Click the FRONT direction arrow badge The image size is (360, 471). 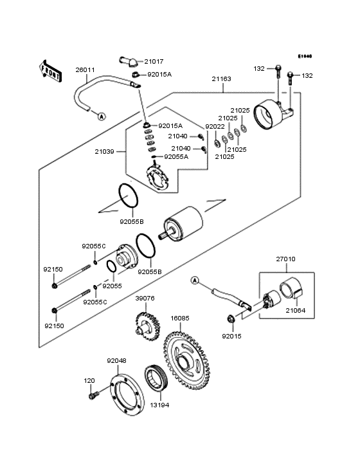tap(51, 71)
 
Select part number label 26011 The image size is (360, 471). tap(85, 69)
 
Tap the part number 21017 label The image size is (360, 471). tap(153, 62)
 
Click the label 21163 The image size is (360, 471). tap(222, 79)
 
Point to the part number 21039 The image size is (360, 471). tap(104, 151)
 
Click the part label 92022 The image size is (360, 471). tap(215, 127)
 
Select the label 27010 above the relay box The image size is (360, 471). tap(286, 259)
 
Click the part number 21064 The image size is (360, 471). tap(296, 311)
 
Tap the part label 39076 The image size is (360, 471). tap(145, 298)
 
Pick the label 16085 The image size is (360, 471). tap(180, 317)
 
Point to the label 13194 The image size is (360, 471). tap(159, 405)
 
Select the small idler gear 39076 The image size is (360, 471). tap(146, 324)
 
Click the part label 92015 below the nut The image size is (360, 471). tap(231, 336)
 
